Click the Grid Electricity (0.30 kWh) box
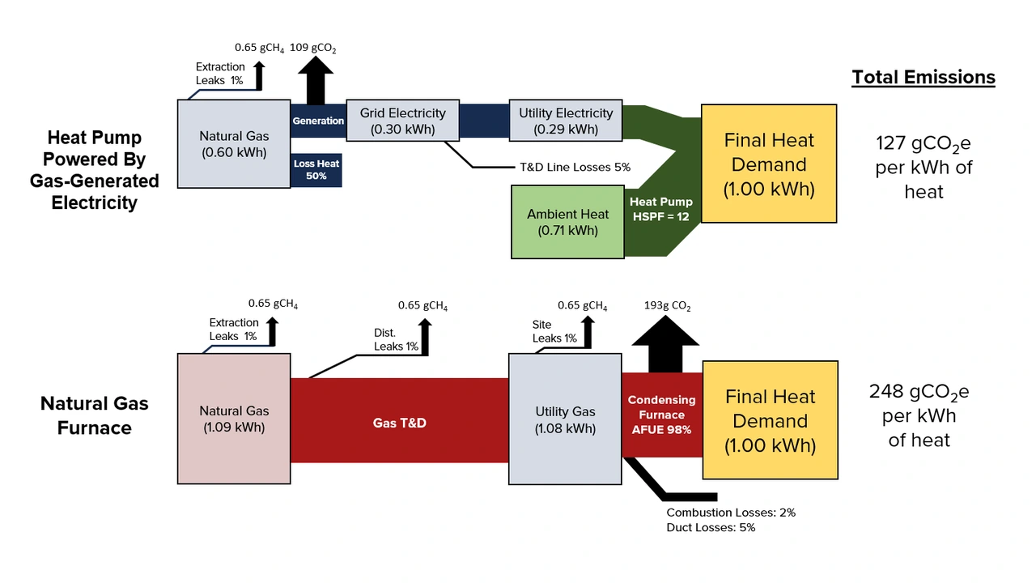402,121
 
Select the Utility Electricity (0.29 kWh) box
566,121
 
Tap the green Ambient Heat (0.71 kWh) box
567,222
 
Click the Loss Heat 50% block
316,170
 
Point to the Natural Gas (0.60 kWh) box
234,144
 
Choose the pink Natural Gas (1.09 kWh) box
234,419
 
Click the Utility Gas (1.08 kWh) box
565,419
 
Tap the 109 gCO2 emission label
313,48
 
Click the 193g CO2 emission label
668,306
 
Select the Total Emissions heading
923,77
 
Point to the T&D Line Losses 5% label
575,167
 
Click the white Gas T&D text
400,423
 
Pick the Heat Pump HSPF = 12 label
661,209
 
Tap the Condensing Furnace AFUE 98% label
661,415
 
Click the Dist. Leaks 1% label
396,339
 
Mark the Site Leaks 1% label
554,331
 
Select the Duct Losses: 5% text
711,527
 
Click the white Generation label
318,121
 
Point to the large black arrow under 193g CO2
665,344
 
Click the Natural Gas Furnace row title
95,415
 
